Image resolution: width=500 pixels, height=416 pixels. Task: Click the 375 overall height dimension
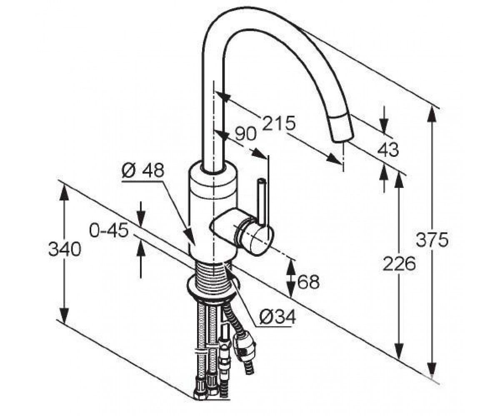pyautogui.click(x=432, y=239)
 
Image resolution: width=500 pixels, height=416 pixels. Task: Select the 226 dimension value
pyautogui.click(x=399, y=263)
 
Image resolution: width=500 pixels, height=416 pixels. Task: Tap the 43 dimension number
pyautogui.click(x=388, y=149)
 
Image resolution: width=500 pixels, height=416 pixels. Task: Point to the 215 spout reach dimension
pyautogui.click(x=279, y=123)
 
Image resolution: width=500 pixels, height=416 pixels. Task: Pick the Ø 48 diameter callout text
pyautogui.click(x=143, y=170)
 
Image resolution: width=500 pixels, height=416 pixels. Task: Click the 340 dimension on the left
pyautogui.click(x=65, y=249)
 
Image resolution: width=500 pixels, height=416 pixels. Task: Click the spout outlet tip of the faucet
pyautogui.click(x=343, y=138)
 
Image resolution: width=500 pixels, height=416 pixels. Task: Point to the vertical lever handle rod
pyautogui.click(x=260, y=201)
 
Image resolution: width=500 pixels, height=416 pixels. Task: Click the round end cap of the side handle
pyautogui.click(x=257, y=241)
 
